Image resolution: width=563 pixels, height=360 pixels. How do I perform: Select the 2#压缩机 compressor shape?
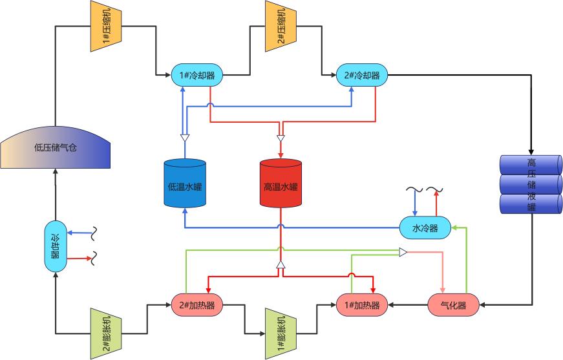pos(280,26)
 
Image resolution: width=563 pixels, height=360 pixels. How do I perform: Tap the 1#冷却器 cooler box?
pos(197,75)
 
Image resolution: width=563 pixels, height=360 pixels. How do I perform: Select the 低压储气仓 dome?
pos(56,146)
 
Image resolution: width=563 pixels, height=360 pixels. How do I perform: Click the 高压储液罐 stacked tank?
pos(531,184)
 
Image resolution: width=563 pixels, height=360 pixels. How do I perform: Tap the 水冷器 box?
pos(425,228)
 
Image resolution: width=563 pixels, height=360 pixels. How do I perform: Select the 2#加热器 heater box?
pos(197,304)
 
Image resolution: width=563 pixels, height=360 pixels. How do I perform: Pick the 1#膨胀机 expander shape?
pos(280,333)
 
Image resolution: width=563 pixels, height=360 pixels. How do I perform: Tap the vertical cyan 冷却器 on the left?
pos(56,246)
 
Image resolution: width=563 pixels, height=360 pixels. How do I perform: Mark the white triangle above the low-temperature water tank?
pos(184,138)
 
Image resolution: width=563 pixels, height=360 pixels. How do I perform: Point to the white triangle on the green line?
pos(403,252)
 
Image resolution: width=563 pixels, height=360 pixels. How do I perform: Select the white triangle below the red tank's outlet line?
pos(281,265)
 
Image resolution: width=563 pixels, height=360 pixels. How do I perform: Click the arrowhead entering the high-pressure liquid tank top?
pos(531,151)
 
